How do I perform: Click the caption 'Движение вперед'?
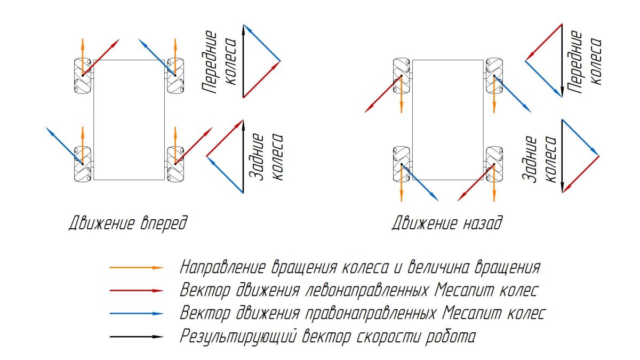pyautogui.click(x=128, y=223)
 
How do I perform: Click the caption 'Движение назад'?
pyautogui.click(x=447, y=223)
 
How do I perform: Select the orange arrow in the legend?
pyautogui.click(x=137, y=268)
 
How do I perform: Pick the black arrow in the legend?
pyautogui.click(x=137, y=337)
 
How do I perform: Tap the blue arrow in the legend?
pyautogui.click(x=137, y=314)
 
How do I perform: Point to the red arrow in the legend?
pyautogui.click(x=137, y=291)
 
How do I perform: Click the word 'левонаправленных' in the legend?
pyautogui.click(x=366, y=291)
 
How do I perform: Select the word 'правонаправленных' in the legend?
pyautogui.click(x=371, y=314)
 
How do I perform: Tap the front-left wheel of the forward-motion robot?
pyautogui.click(x=83, y=76)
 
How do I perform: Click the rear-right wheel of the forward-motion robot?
pyautogui.click(x=175, y=164)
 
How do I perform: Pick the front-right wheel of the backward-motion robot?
pyautogui.click(x=494, y=76)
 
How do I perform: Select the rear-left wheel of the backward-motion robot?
pyautogui.click(x=402, y=164)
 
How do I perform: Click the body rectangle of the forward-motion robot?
pyautogui.click(x=129, y=120)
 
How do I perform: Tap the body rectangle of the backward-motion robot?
pyautogui.click(x=447, y=120)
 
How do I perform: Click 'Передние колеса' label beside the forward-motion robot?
pyautogui.click(x=219, y=62)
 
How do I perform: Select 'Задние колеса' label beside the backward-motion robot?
pyautogui.click(x=539, y=159)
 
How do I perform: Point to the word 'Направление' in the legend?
pyautogui.click(x=223, y=268)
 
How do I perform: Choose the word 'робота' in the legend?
pyautogui.click(x=450, y=337)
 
